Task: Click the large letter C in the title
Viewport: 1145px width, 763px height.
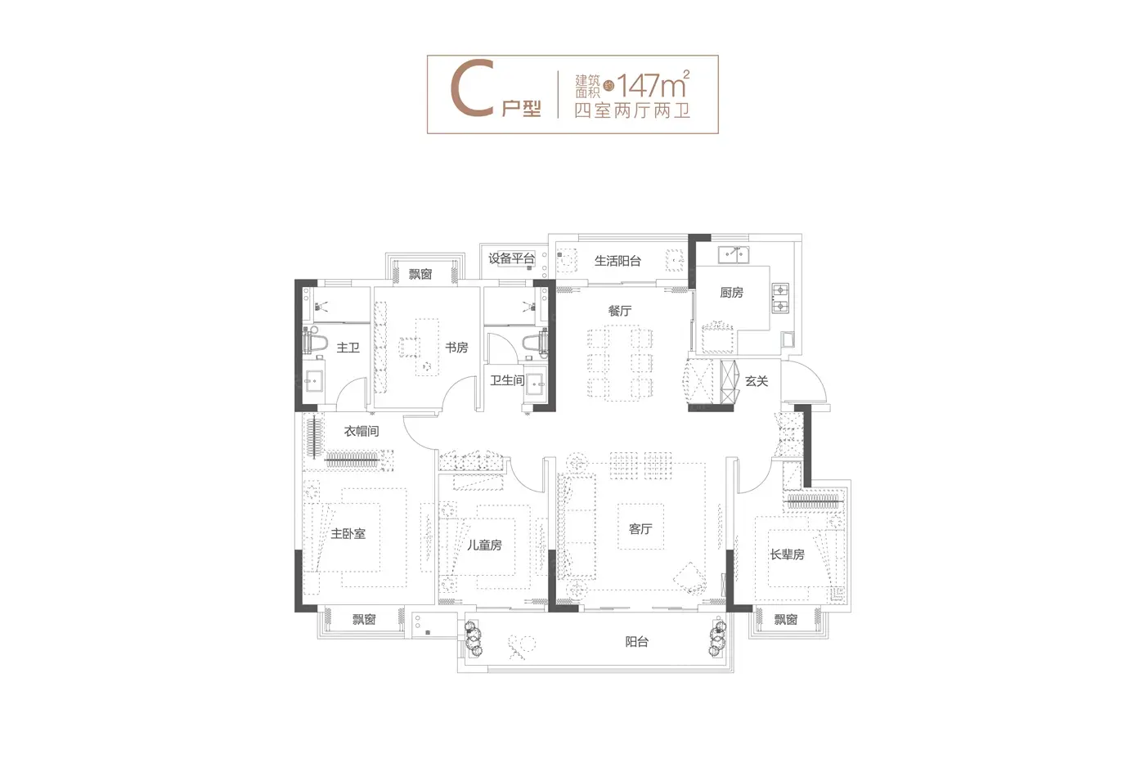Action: [x=472, y=88]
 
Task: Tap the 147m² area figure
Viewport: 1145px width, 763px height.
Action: [x=653, y=84]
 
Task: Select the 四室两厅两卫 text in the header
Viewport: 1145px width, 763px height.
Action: [x=632, y=110]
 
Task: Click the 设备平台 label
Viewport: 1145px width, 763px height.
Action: [x=511, y=258]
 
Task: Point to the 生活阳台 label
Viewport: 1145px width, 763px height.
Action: [x=617, y=261]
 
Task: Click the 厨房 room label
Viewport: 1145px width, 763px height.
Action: [x=731, y=292]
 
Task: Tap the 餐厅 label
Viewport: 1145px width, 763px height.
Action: [x=620, y=311]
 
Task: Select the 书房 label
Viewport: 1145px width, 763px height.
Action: [x=456, y=348]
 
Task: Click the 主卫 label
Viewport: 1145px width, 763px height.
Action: [x=348, y=348]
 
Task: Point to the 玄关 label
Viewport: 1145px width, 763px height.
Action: [x=757, y=381]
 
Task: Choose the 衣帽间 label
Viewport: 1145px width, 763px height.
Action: [x=361, y=431]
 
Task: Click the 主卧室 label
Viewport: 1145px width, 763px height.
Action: [x=348, y=534]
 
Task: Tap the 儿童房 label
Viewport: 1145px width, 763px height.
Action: [x=484, y=545]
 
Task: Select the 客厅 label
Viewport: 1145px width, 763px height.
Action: [x=640, y=529]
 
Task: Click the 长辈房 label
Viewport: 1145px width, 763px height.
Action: [x=788, y=554]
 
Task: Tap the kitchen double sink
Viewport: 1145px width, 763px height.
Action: [x=734, y=254]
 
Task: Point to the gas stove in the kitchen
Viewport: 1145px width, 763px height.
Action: [x=780, y=298]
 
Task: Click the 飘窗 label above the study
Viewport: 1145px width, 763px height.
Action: [x=420, y=275]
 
